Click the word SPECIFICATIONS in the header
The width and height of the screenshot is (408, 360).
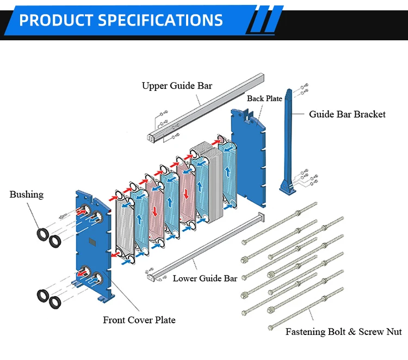tap(160, 21)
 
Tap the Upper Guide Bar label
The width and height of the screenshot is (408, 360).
tap(177, 86)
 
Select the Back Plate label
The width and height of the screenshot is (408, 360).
tap(264, 99)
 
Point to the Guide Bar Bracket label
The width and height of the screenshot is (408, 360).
tap(347, 114)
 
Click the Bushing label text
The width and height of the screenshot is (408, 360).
tap(26, 194)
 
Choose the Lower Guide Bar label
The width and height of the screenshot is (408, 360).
tap(205, 278)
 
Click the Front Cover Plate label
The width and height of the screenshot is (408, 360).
tap(139, 320)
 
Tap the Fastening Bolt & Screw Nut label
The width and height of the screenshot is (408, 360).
tap(344, 332)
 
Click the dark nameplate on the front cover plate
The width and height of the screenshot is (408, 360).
tap(92, 243)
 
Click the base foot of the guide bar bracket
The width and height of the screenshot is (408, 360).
tap(287, 188)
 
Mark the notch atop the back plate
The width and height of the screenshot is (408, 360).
tap(248, 113)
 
